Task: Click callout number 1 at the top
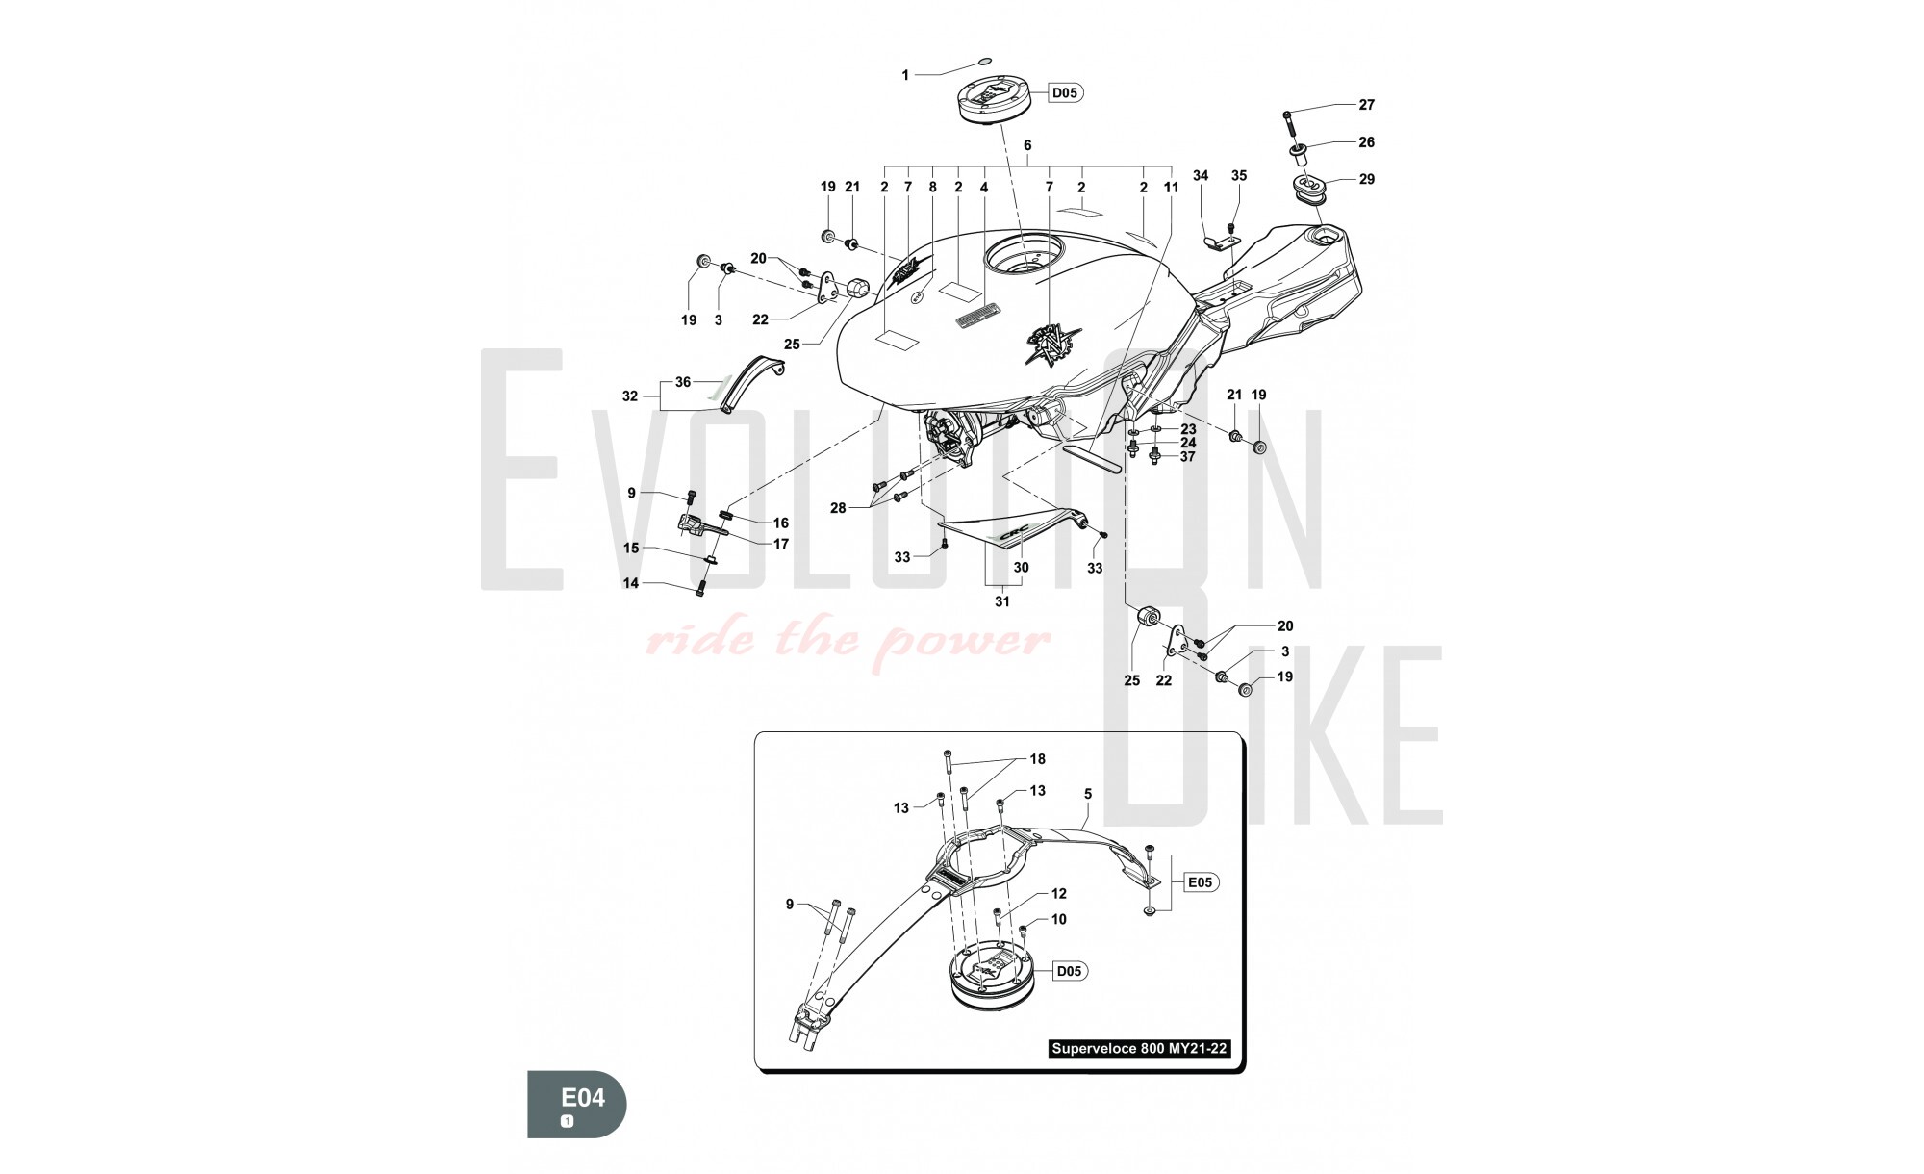click(905, 75)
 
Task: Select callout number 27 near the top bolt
click(1366, 104)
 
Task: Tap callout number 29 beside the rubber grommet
click(1366, 179)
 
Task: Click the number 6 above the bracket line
click(1027, 145)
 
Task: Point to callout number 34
click(1201, 175)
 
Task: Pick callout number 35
click(1239, 175)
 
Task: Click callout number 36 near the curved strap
click(683, 382)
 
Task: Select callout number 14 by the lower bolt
click(631, 583)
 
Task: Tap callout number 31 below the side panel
click(1002, 601)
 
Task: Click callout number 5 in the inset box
click(1088, 794)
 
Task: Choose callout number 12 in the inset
click(1058, 894)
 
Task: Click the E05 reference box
click(1201, 881)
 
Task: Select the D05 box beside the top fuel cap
click(1065, 93)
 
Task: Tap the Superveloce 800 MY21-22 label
click(1139, 1049)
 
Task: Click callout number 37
click(1188, 457)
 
